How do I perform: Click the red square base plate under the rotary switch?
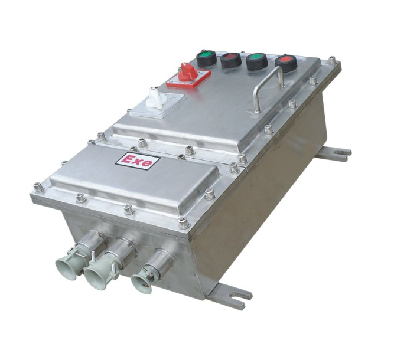click(x=188, y=78)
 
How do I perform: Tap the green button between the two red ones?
click(x=257, y=61)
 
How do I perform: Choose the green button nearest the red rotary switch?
click(x=207, y=58)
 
